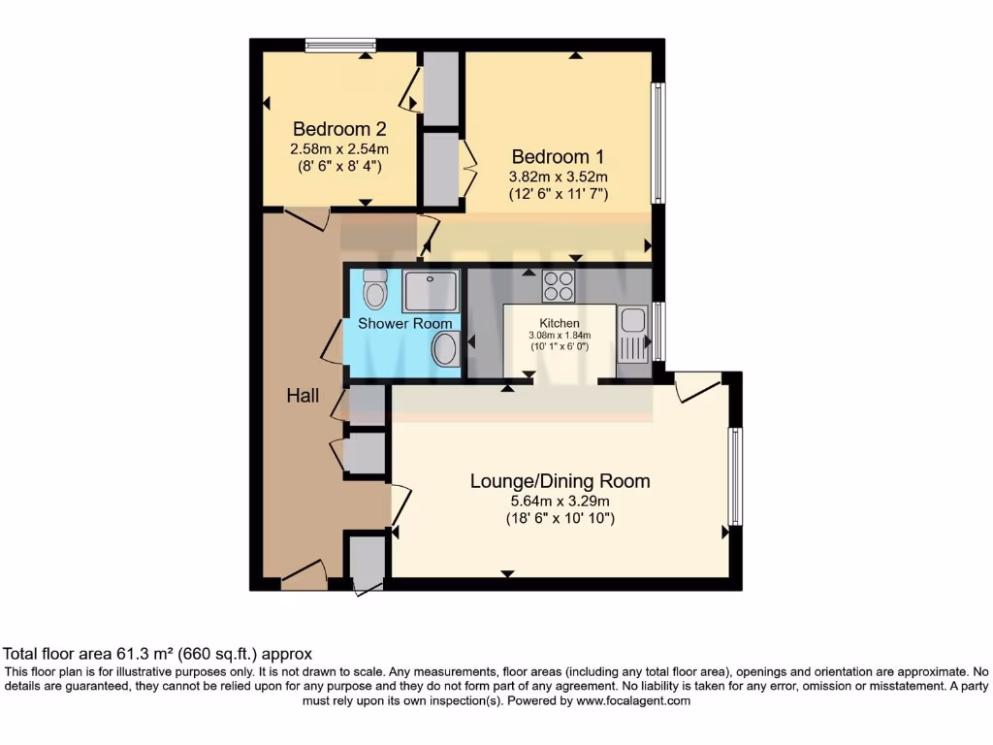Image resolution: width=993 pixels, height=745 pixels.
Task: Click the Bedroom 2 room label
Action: coord(339,129)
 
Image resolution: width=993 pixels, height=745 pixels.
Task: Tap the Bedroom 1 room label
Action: coord(558,156)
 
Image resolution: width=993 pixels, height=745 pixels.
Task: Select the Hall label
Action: coord(303,396)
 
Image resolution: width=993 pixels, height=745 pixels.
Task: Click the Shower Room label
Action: coord(405,324)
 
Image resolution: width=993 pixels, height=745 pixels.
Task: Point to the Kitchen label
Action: coord(560,323)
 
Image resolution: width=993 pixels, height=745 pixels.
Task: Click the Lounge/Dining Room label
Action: coord(560,481)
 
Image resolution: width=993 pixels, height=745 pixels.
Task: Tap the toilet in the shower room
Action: coord(375,289)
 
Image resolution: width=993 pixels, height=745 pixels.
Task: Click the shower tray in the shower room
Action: coord(431,291)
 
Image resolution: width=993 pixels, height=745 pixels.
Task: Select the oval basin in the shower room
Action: coord(446,348)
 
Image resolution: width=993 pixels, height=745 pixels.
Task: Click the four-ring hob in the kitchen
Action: coord(558,286)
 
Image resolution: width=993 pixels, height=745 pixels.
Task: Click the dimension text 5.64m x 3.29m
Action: coord(560,502)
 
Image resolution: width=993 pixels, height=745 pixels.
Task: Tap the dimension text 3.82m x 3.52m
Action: coord(559,177)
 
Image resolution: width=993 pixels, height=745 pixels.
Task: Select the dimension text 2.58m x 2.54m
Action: coord(339,149)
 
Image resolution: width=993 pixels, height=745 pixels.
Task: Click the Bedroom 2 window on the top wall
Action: coord(340,45)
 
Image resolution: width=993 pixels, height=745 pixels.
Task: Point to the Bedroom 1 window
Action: coord(658,144)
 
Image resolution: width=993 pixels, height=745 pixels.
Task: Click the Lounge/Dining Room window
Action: coord(735,476)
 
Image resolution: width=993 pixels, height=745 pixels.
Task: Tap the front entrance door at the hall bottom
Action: coord(304,572)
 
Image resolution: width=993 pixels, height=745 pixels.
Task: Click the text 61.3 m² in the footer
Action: coord(145,654)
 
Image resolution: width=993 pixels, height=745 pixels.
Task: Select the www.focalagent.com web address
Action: coord(633,701)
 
